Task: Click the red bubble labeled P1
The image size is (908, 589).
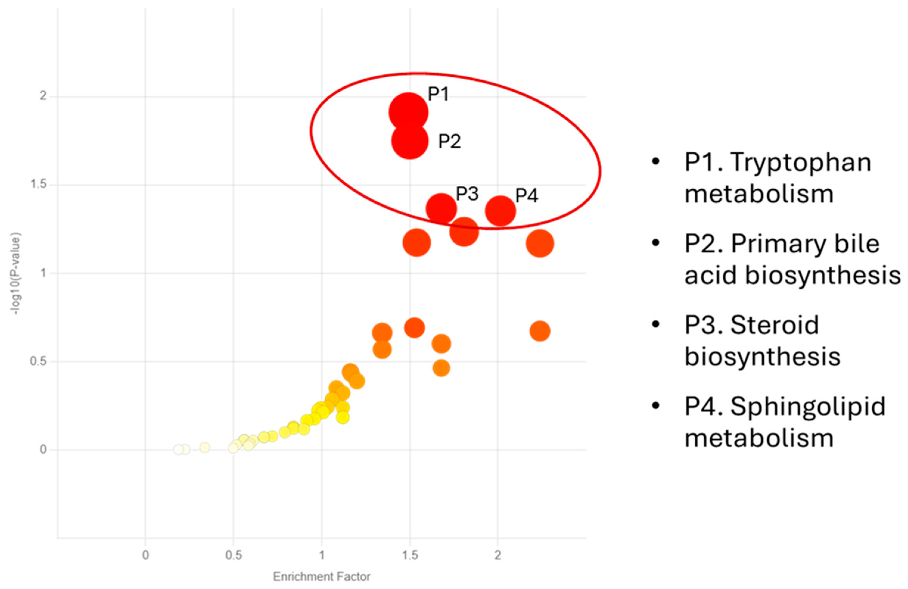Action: (x=408, y=112)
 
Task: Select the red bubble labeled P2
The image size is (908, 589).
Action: (x=410, y=141)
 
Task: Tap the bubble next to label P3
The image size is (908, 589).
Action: (x=441, y=209)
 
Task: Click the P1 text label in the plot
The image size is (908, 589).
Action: (x=438, y=94)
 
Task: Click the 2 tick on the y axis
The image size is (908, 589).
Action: (x=43, y=96)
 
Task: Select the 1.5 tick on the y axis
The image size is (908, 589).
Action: (x=38, y=185)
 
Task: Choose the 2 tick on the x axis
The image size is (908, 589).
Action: (x=497, y=555)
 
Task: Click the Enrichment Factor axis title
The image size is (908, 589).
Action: (x=322, y=577)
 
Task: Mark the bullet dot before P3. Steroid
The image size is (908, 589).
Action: (x=655, y=324)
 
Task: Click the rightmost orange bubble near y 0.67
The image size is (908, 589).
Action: (x=539, y=331)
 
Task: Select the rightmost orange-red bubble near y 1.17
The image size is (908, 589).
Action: (x=539, y=243)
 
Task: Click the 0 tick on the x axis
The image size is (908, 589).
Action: (x=145, y=555)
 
